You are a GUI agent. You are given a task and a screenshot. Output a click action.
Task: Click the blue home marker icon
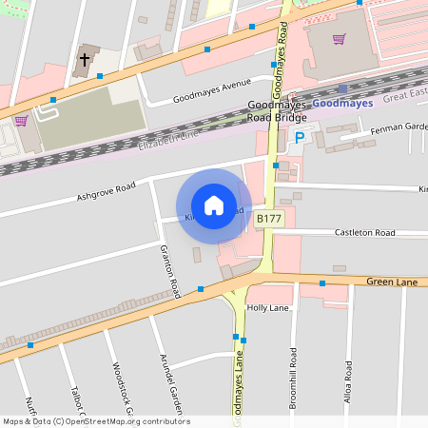pos(214,204)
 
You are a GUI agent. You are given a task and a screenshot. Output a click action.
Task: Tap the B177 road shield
pos(269,219)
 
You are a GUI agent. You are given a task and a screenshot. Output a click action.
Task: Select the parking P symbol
pos(300,138)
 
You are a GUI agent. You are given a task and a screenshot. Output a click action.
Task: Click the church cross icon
pos(84,60)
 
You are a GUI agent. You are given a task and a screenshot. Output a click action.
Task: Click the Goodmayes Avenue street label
pos(209,93)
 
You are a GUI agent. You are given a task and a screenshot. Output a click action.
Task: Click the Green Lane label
pos(393,282)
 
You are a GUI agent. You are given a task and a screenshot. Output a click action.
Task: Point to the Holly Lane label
pos(267,308)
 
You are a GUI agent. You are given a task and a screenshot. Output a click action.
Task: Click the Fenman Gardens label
pos(398,126)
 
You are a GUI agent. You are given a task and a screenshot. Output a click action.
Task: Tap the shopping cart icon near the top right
pos(339,39)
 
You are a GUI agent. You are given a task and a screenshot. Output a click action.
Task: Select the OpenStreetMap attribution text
pos(96,421)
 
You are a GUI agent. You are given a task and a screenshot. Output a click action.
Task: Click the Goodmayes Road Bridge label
pos(277,110)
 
